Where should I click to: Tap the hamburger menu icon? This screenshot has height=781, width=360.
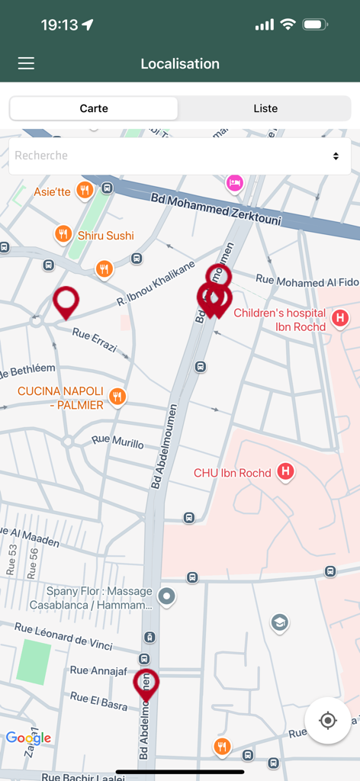pyautogui.click(x=26, y=64)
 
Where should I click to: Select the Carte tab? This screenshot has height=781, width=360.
pyautogui.click(x=94, y=108)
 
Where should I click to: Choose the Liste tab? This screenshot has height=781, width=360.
pyautogui.click(x=265, y=108)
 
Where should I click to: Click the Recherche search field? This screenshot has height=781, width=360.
pyautogui.click(x=168, y=156)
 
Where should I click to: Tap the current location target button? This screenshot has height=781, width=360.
pyautogui.click(x=328, y=720)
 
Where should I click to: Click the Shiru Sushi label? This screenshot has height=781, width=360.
pyautogui.click(x=105, y=236)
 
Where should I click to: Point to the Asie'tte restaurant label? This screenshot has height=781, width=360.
pyautogui.click(x=52, y=191)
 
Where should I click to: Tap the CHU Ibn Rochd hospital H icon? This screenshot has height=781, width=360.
pyautogui.click(x=285, y=472)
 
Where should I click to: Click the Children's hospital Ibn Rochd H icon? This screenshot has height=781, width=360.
pyautogui.click(x=340, y=318)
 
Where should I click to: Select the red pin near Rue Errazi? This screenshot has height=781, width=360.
pyautogui.click(x=66, y=301)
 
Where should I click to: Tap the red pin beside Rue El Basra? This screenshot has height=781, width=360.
pyautogui.click(x=146, y=683)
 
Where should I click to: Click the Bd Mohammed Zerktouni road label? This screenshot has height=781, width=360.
pyautogui.click(x=216, y=210)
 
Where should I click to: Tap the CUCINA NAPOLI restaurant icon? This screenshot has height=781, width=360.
pyautogui.click(x=117, y=397)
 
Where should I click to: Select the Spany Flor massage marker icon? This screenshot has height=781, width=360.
pyautogui.click(x=167, y=596)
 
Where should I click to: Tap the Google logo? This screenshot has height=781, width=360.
pyautogui.click(x=28, y=738)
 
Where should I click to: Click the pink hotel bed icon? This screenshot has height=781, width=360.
pyautogui.click(x=234, y=182)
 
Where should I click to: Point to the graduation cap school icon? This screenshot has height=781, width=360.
pyautogui.click(x=280, y=623)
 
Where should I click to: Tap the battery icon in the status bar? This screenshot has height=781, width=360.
pyautogui.click(x=314, y=24)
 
